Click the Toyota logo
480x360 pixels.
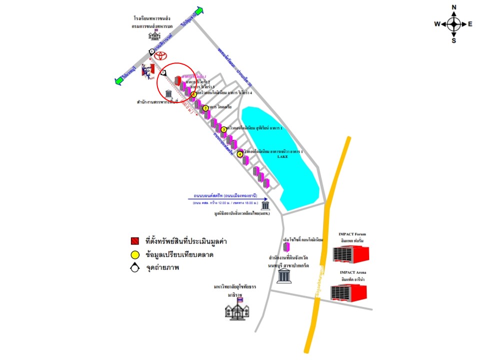161,56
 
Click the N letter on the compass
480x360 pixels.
454,7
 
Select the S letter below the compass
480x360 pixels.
454,40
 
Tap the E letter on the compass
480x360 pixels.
470,23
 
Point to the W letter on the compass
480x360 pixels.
437,23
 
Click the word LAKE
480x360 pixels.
283,156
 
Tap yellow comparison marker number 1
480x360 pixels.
193,94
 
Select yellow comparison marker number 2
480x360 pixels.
205,108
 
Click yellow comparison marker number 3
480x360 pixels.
223,129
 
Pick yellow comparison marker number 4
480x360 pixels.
240,154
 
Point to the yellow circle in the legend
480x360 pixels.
134,255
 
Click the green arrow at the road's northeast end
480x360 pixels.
199,11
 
